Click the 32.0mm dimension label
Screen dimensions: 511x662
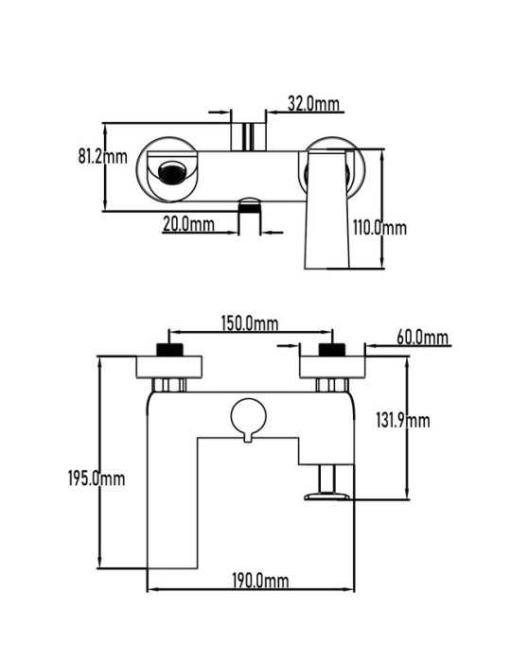(313, 104)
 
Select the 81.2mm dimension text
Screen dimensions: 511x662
(102, 156)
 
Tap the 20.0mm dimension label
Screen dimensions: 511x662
(188, 224)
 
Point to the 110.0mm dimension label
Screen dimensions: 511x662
(379, 228)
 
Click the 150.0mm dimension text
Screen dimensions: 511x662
(250, 323)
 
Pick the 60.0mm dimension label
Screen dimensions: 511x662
(422, 338)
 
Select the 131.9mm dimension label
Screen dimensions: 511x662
(403, 421)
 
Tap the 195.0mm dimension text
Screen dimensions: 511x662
(97, 479)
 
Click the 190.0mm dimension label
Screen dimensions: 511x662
(260, 581)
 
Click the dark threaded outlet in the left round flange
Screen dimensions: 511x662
(172, 173)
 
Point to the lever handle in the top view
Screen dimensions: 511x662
(326, 209)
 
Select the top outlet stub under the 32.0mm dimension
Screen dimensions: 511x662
(248, 136)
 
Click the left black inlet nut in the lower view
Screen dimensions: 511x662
(169, 350)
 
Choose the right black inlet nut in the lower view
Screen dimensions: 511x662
(332, 350)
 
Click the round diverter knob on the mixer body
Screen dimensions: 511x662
(248, 417)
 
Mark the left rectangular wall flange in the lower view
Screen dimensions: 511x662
(169, 367)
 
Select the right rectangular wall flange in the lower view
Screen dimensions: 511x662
(332, 367)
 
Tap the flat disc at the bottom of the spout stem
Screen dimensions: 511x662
(327, 496)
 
